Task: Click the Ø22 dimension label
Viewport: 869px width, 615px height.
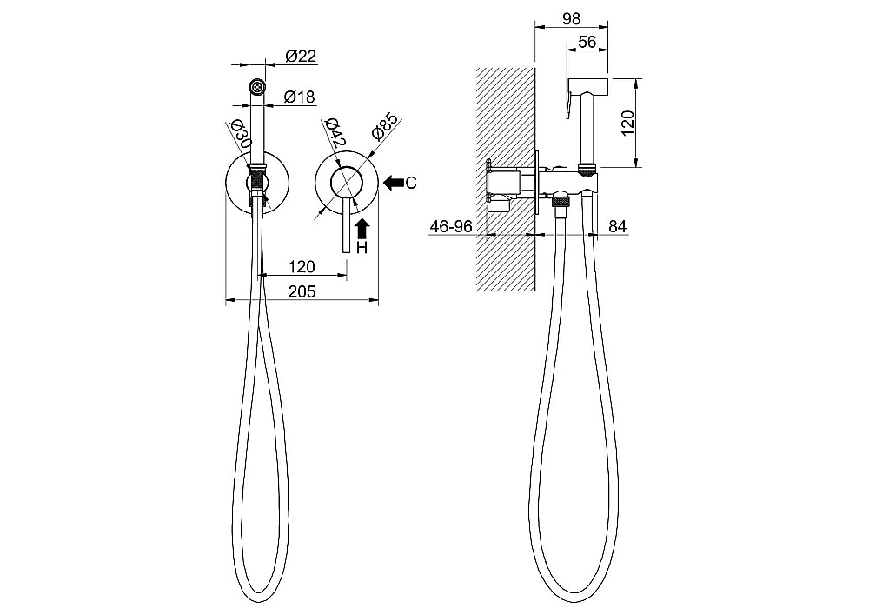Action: click(x=301, y=56)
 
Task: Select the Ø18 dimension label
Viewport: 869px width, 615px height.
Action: click(x=299, y=97)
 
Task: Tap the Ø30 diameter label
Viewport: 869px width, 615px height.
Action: click(x=239, y=134)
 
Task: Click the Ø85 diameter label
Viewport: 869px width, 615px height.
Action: click(x=385, y=126)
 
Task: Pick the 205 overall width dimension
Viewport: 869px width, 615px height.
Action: click(x=302, y=291)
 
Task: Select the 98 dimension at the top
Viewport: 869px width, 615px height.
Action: click(x=572, y=19)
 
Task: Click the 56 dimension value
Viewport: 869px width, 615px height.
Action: click(x=587, y=42)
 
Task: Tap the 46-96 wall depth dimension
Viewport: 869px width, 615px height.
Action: click(x=451, y=226)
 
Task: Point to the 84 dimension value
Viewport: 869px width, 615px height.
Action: click(x=617, y=226)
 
